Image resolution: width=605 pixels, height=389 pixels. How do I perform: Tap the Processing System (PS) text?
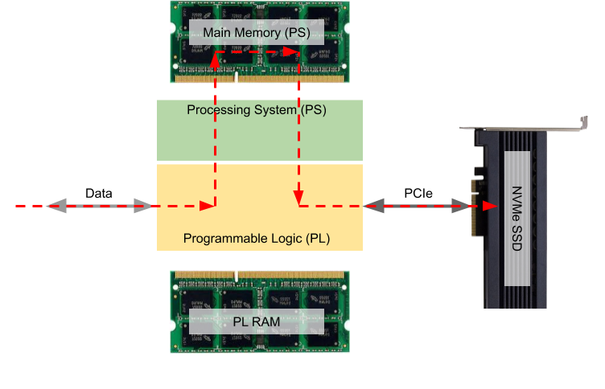click(x=256, y=109)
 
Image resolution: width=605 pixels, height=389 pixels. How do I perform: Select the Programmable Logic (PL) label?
click(x=257, y=239)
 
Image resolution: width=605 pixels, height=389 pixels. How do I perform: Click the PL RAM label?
click(x=257, y=321)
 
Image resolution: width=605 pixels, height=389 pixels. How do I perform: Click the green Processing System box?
click(x=259, y=137)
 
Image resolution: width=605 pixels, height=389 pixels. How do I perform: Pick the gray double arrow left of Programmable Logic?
click(x=99, y=207)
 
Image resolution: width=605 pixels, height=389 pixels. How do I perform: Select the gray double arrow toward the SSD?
click(x=417, y=207)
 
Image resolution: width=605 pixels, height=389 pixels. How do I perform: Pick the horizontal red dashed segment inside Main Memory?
click(x=257, y=54)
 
